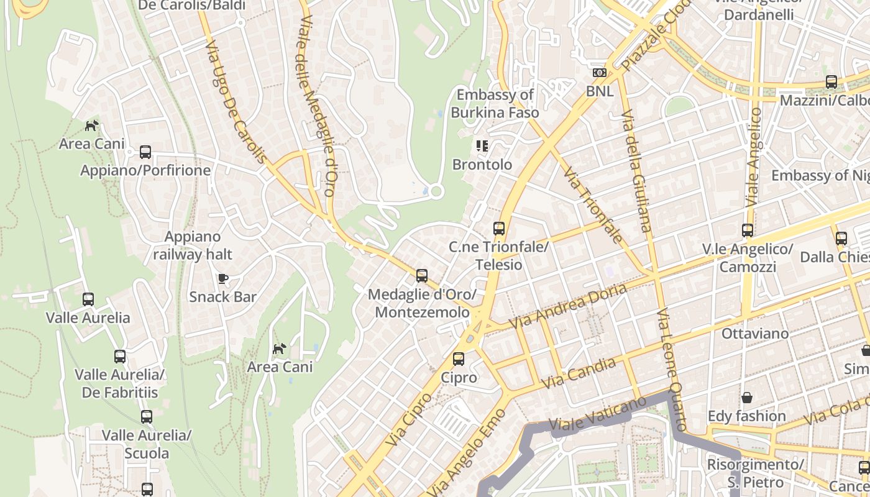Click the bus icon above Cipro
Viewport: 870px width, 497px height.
(x=459, y=359)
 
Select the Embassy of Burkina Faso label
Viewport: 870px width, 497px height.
(x=495, y=104)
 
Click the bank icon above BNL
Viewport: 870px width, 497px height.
(x=599, y=73)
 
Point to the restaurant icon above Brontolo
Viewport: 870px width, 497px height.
(x=482, y=146)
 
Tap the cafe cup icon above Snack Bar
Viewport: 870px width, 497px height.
(x=222, y=278)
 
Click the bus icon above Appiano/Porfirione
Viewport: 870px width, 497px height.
(x=145, y=152)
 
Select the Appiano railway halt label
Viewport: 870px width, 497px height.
(x=193, y=245)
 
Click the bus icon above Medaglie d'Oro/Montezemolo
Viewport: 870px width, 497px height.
(x=422, y=275)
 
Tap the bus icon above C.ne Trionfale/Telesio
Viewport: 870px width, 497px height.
(x=499, y=229)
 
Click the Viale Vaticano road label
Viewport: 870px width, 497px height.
(x=598, y=414)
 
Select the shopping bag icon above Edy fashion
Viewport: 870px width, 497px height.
(x=747, y=397)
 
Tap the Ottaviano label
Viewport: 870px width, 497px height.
(x=755, y=334)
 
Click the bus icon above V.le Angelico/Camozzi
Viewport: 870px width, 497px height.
(x=748, y=230)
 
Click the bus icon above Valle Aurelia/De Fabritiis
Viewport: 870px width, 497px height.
(x=120, y=357)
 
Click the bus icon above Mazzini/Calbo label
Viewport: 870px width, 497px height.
(x=831, y=82)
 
